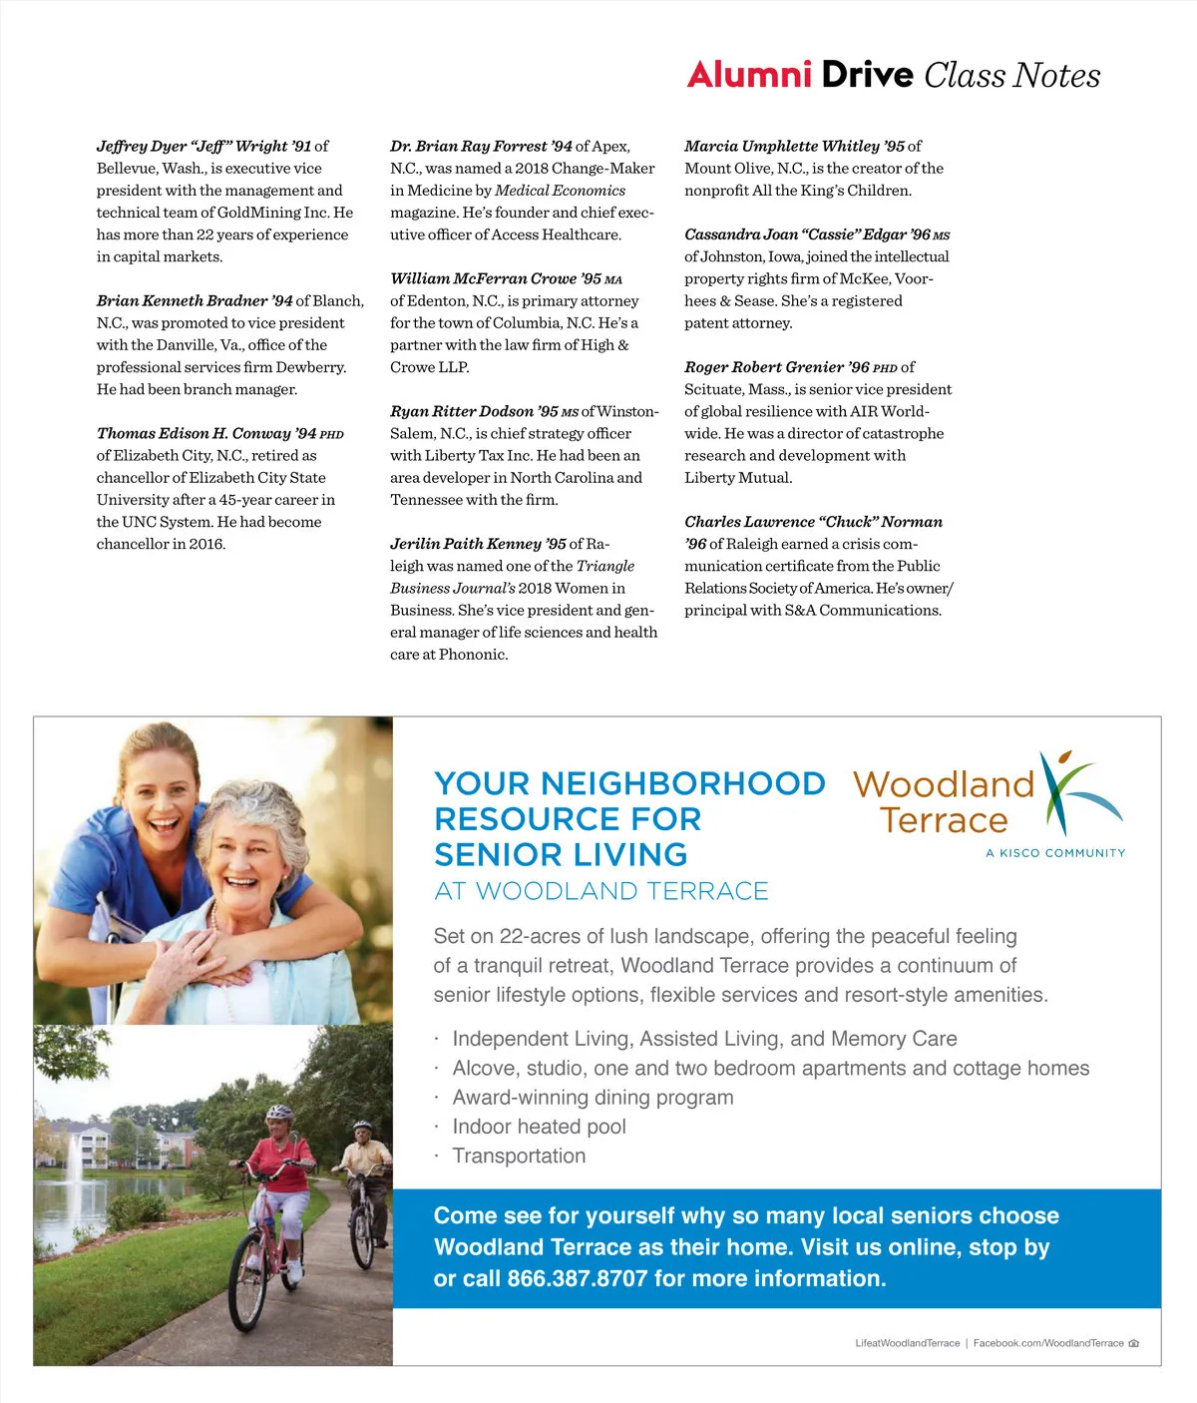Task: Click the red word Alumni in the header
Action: (x=749, y=75)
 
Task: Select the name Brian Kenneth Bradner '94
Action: (x=195, y=300)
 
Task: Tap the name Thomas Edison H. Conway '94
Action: (x=206, y=433)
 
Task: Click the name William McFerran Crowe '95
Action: (x=495, y=278)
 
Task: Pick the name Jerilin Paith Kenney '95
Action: (x=478, y=544)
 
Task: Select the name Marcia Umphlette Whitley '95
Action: (x=794, y=146)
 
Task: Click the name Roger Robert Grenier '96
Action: (x=776, y=367)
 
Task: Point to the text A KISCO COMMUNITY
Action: (x=1055, y=853)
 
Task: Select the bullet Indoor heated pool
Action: (x=539, y=1127)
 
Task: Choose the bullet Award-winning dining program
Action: (x=593, y=1098)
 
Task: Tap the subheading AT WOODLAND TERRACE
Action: (x=601, y=891)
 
